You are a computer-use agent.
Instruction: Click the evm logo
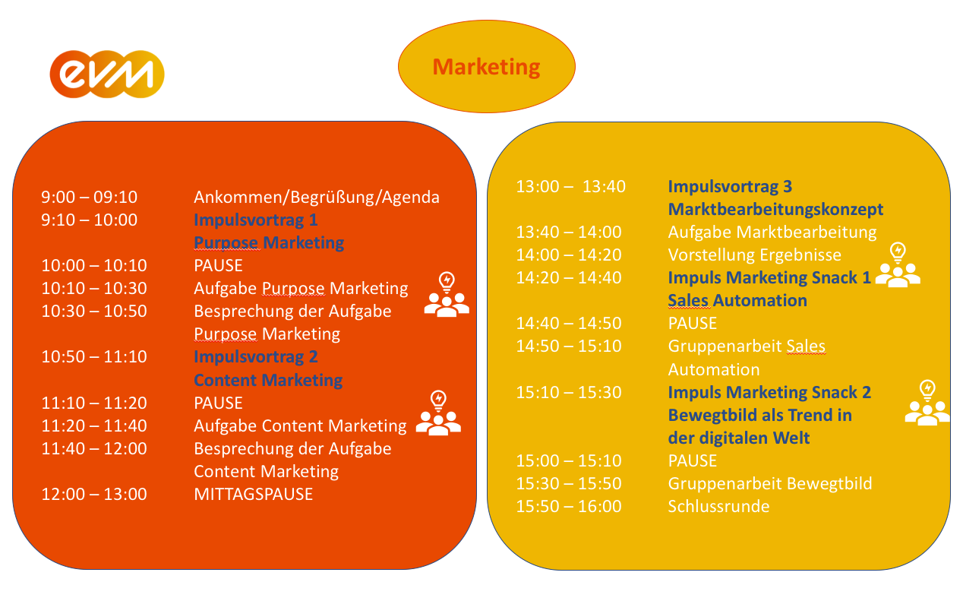[107, 74]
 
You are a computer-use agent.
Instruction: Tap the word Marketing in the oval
[486, 67]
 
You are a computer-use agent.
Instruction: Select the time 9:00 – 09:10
[89, 197]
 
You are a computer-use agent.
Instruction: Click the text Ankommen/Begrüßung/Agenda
[317, 198]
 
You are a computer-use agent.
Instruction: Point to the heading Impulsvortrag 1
[256, 220]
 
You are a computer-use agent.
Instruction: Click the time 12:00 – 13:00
[94, 494]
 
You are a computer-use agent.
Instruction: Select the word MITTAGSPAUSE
[253, 495]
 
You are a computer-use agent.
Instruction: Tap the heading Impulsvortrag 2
[256, 357]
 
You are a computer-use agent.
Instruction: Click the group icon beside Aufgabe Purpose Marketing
[447, 294]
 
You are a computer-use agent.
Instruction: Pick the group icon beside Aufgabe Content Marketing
[438, 413]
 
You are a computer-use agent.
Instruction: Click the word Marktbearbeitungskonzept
[775, 210]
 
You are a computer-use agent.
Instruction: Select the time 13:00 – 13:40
[570, 187]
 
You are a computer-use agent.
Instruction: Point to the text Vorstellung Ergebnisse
[754, 255]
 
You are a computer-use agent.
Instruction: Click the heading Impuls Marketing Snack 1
[769, 278]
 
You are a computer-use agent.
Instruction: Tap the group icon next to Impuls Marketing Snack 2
[927, 403]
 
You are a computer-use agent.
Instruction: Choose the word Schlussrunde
[718, 506]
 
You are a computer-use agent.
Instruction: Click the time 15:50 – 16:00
[569, 506]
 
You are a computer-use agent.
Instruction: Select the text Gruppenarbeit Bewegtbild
[770, 484]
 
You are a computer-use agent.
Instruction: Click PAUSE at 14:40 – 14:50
[692, 324]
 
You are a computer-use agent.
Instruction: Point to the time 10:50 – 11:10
[94, 356]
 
